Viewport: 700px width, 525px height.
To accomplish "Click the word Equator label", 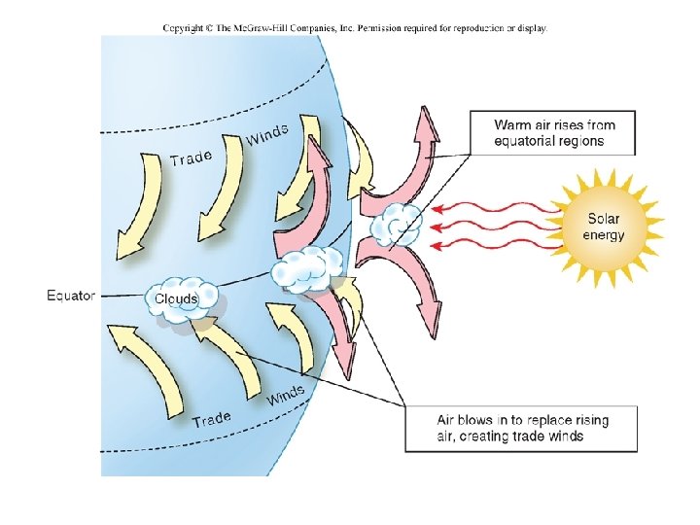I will pyautogui.click(x=71, y=296).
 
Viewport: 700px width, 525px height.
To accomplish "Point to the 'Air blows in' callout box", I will pyautogui.click(x=521, y=428).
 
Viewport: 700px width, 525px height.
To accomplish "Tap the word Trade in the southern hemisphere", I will pyautogui.click(x=212, y=419).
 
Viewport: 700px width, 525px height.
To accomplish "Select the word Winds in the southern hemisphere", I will pyautogui.click(x=286, y=395).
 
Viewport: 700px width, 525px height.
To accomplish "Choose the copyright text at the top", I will pyautogui.click(x=355, y=28).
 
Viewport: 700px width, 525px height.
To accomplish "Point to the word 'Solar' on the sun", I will pyautogui.click(x=604, y=219).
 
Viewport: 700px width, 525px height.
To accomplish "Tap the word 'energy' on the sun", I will pyautogui.click(x=604, y=235).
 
